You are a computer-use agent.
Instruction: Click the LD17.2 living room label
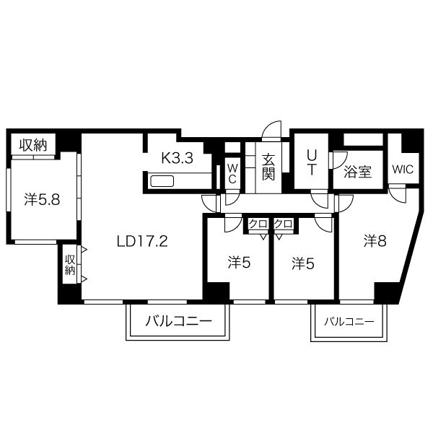pos(142,241)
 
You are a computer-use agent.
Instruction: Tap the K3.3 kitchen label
pos(177,158)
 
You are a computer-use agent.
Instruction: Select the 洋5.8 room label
pos(42,199)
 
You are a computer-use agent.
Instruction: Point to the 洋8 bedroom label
pos(375,241)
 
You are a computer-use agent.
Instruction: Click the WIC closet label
pos(403,170)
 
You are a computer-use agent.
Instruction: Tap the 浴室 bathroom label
pos(357,172)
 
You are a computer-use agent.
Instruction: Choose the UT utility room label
pos(312,162)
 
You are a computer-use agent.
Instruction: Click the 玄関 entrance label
pos(268,167)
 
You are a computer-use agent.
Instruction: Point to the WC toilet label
pos(232,174)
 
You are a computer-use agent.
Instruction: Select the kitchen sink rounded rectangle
pos(162,181)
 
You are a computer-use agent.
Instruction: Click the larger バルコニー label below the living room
pos(178,321)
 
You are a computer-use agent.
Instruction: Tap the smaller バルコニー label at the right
pos(349,322)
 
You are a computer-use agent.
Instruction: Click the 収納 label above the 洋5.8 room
pos(33,145)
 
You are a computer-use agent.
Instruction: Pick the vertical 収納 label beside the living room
pos(70,265)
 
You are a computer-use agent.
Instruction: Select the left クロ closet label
pos(258,224)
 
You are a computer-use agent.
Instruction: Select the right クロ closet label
pos(284,224)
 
